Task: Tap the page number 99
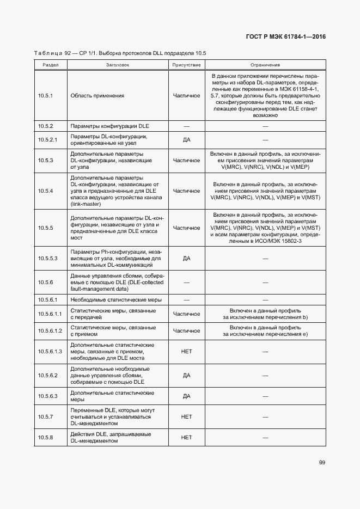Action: [x=322, y=462]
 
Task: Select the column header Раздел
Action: [x=51, y=64]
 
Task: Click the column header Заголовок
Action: [x=118, y=64]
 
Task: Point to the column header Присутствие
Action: [x=186, y=64]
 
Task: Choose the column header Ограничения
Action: [x=265, y=64]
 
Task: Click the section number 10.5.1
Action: [x=45, y=96]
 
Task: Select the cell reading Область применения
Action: [x=97, y=96]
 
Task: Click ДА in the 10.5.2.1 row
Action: [x=186, y=139]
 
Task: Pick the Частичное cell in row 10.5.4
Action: [x=186, y=191]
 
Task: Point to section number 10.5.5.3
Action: [x=48, y=258]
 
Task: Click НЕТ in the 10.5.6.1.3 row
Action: [x=186, y=352]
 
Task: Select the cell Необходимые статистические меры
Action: [x=116, y=300]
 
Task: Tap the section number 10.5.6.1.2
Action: [x=50, y=331]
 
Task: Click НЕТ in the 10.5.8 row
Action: [x=186, y=438]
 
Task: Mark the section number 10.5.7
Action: [x=45, y=416]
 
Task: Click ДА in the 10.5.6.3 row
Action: [x=186, y=396]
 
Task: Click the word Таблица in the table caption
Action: [x=48, y=53]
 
